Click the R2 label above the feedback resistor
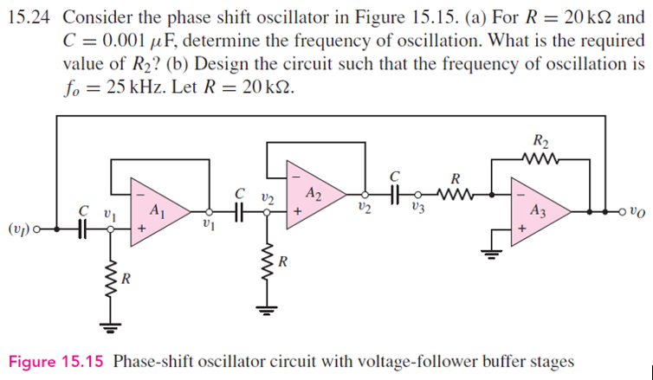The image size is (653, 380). click(541, 141)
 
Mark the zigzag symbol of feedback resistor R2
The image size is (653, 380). click(541, 159)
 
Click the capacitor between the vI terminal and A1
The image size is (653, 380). click(84, 229)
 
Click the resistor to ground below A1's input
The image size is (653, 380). click(111, 279)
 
